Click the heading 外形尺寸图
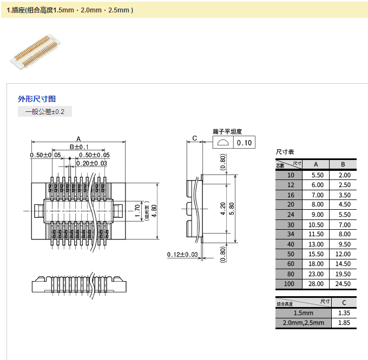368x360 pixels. pyautogui.click(x=37, y=99)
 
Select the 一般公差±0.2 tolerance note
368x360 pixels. pyautogui.click(x=45, y=112)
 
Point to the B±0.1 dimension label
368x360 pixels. pyautogui.click(x=79, y=147)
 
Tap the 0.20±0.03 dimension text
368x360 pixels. pyautogui.click(x=91, y=163)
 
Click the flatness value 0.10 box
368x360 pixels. pyautogui.click(x=245, y=143)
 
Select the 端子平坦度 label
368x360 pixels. pyautogui.click(x=227, y=131)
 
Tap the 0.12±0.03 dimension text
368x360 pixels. pyautogui.click(x=181, y=255)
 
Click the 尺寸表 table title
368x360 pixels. pyautogui.click(x=285, y=153)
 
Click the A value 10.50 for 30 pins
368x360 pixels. pyautogui.click(x=316, y=224)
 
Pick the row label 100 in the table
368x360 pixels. pyautogui.click(x=291, y=284)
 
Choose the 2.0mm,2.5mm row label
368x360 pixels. pyautogui.click(x=303, y=323)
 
